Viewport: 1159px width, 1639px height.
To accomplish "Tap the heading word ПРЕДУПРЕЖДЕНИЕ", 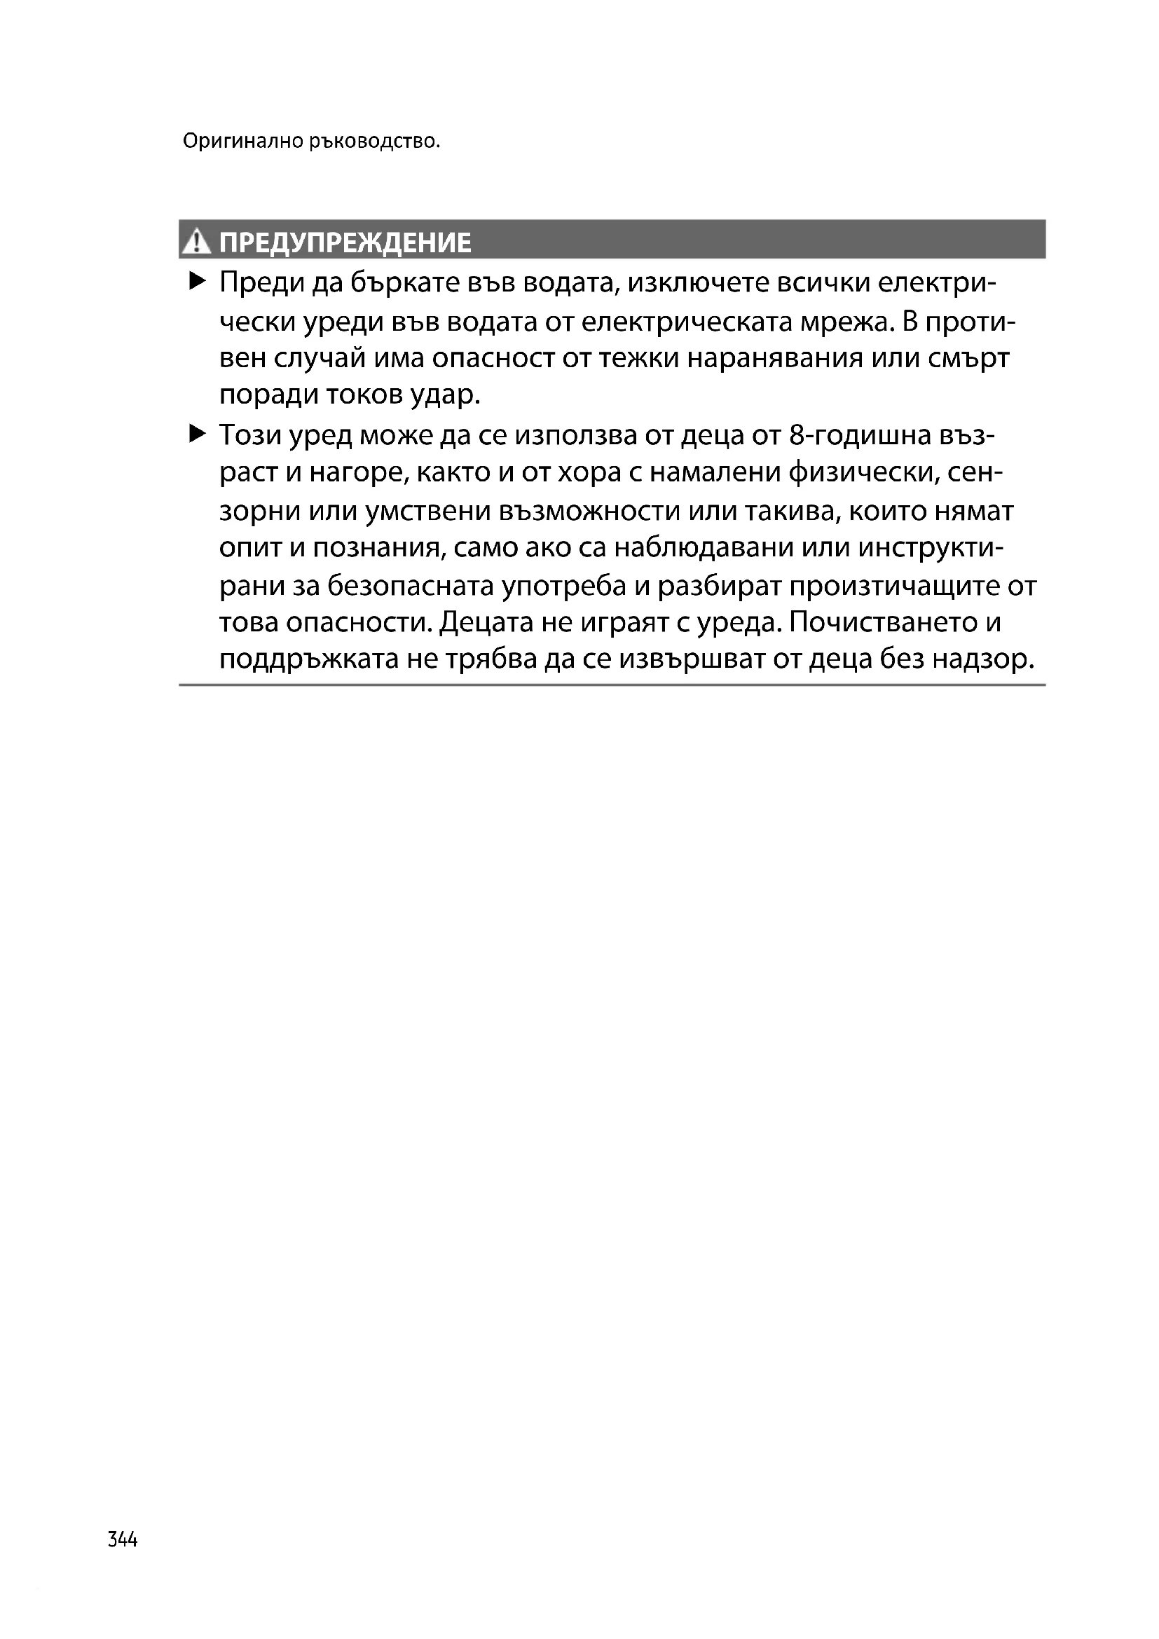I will pos(345,242).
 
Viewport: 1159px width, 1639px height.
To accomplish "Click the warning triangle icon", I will pos(195,242).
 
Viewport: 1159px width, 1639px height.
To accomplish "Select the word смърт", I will pos(968,357).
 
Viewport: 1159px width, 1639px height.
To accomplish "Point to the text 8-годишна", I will pos(860,435).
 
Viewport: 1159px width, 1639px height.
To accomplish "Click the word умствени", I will pos(427,511).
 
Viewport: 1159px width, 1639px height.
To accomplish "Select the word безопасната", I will pos(410,586).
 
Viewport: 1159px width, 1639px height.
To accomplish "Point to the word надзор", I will pos(987,659).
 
